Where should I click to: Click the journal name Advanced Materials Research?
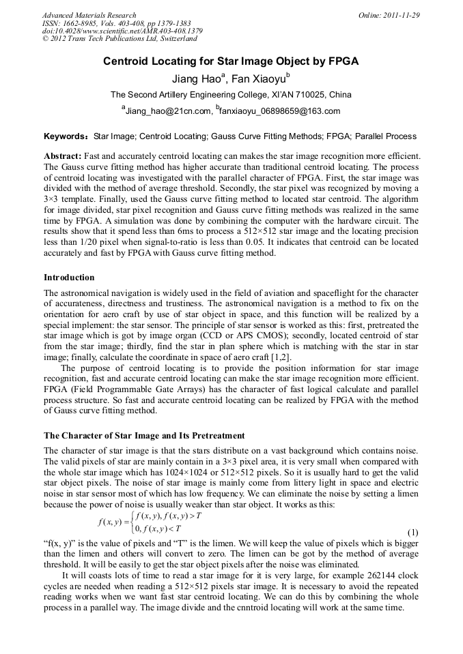[89, 15]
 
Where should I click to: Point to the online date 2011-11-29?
[402, 15]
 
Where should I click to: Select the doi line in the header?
[122, 31]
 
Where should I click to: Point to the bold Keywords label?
[66, 136]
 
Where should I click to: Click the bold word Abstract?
[62, 156]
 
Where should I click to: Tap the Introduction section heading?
[69, 278]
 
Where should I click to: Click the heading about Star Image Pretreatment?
[144, 435]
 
